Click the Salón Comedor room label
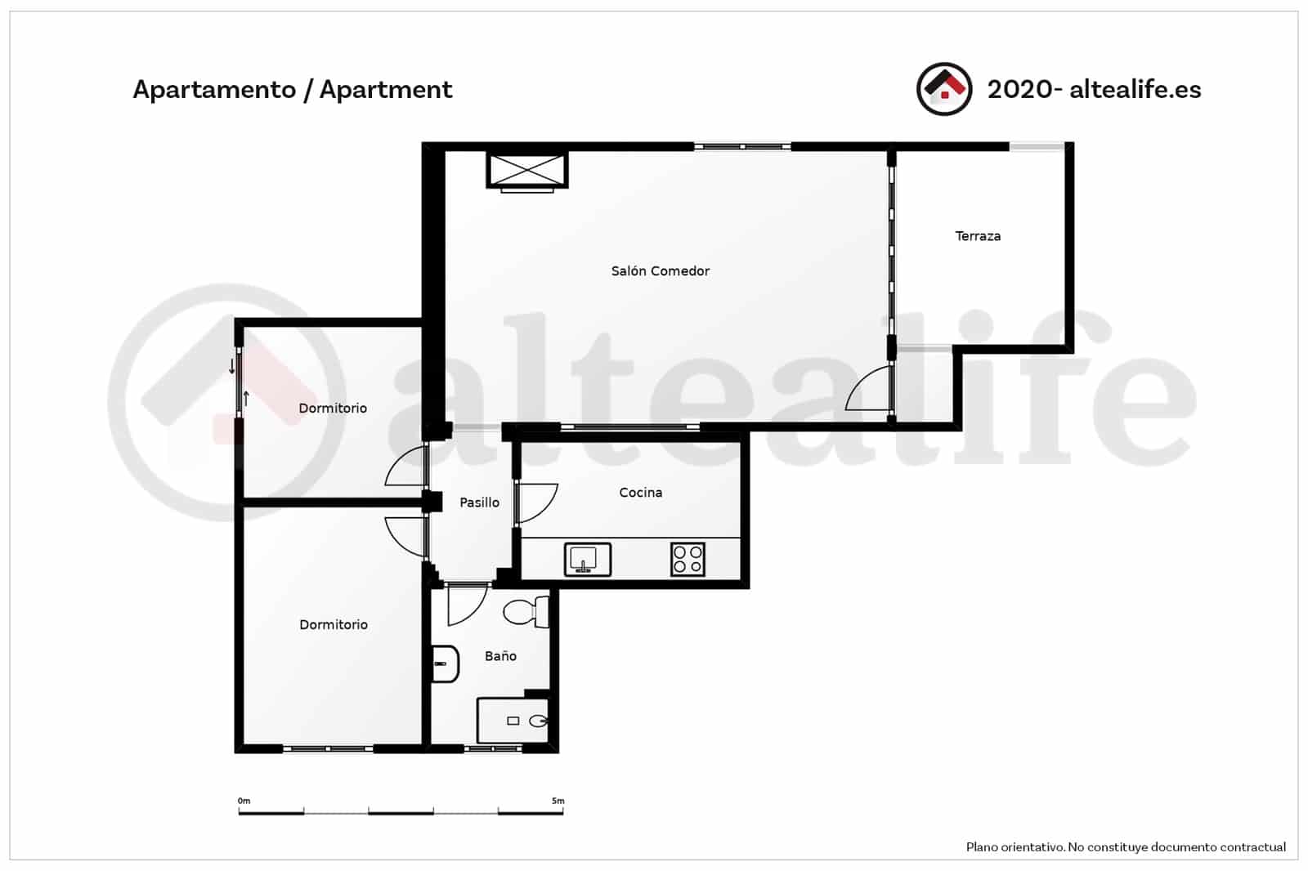coord(660,271)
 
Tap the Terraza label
coord(978,236)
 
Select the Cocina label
coord(640,493)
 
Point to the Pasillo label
coord(479,502)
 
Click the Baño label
coord(500,656)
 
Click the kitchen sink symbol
coord(587,560)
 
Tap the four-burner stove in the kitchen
coord(688,560)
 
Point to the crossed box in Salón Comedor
coord(526,170)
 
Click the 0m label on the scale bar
coord(244,801)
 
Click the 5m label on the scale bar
coord(558,801)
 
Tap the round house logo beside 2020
coord(944,89)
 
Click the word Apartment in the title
coord(385,89)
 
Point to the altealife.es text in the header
coord(1135,89)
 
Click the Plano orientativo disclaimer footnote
coord(1126,847)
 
